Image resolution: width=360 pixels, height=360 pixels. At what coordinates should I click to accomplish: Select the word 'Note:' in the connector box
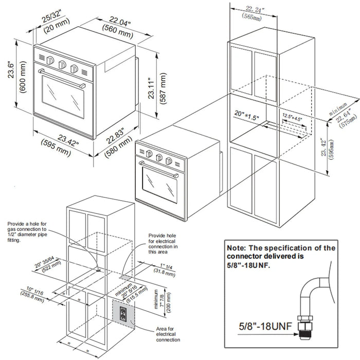point(239,248)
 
